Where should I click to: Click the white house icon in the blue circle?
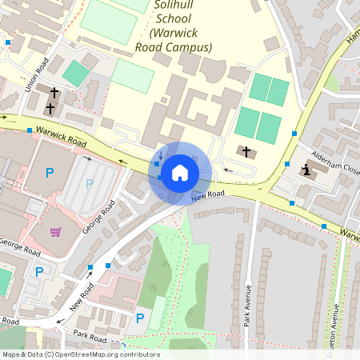click(x=180, y=173)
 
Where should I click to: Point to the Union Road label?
click(x=38, y=74)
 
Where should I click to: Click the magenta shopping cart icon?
click(x=56, y=232)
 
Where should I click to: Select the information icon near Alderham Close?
click(x=307, y=170)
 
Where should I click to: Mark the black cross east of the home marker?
click(x=246, y=151)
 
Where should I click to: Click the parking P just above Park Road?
click(x=140, y=318)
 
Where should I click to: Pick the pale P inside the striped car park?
click(x=90, y=183)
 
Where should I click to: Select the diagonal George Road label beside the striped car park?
click(x=106, y=215)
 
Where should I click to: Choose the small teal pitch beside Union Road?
click(x=76, y=74)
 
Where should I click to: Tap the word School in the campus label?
click(x=181, y=20)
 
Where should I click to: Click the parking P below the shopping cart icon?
click(x=39, y=272)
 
